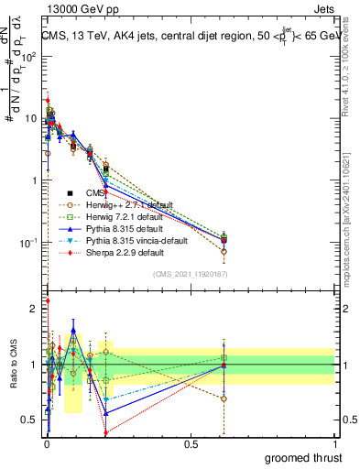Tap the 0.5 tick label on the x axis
191,442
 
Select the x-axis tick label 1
334,442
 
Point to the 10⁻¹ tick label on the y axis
29,243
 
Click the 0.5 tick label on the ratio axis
31,420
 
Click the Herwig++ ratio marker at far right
225,398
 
